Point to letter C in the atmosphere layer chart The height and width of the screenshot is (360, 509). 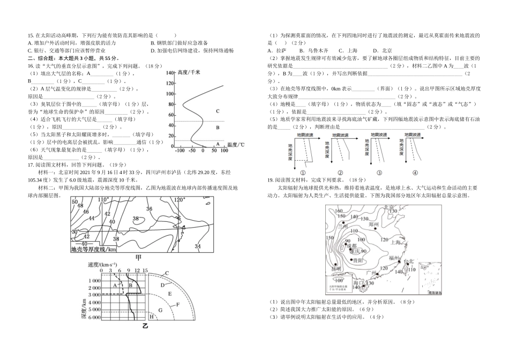click(x=218, y=111)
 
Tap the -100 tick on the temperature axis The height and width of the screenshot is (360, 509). click(x=179, y=151)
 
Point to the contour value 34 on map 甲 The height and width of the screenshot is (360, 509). click(x=198, y=246)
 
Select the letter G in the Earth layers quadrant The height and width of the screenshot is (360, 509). click(x=160, y=310)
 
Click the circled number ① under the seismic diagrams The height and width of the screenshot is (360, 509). click(x=303, y=173)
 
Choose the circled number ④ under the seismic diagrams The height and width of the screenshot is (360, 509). click(x=415, y=173)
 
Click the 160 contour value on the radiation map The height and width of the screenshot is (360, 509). click(x=338, y=211)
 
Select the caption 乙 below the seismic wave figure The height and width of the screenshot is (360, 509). click(x=145, y=325)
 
